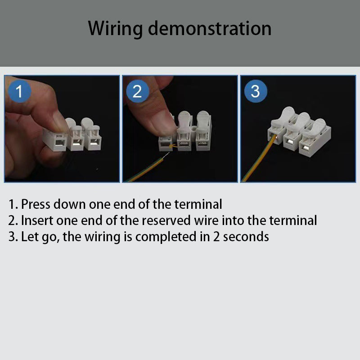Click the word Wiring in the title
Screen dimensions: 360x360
[115, 29]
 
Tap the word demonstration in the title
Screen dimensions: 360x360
[210, 28]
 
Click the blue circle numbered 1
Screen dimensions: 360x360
[19, 91]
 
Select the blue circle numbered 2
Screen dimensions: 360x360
[137, 91]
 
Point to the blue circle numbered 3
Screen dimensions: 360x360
[256, 91]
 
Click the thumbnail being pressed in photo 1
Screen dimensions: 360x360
[60, 121]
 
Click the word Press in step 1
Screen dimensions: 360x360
[36, 204]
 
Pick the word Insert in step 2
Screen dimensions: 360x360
[37, 220]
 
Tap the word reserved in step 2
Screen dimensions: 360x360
[166, 220]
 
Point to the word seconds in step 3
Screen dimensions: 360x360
[246, 237]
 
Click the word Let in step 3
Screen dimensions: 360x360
[30, 237]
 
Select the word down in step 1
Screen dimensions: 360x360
[70, 204]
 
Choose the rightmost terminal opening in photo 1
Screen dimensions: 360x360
[94, 142]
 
